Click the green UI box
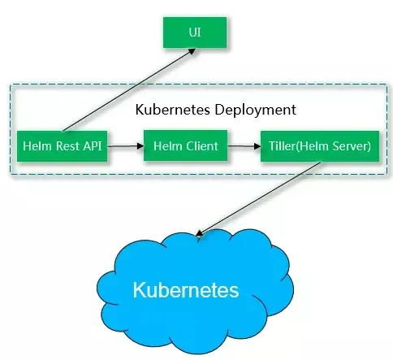195,33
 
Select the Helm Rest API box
63,146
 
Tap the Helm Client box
185,145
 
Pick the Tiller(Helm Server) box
320,146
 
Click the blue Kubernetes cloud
195,291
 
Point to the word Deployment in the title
255,111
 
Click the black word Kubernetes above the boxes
173,110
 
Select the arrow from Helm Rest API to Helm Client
126,146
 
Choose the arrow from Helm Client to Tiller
244,146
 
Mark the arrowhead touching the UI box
192,51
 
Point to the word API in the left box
93,146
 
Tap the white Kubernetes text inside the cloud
186,290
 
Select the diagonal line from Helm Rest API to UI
129,89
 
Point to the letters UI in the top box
195,33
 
